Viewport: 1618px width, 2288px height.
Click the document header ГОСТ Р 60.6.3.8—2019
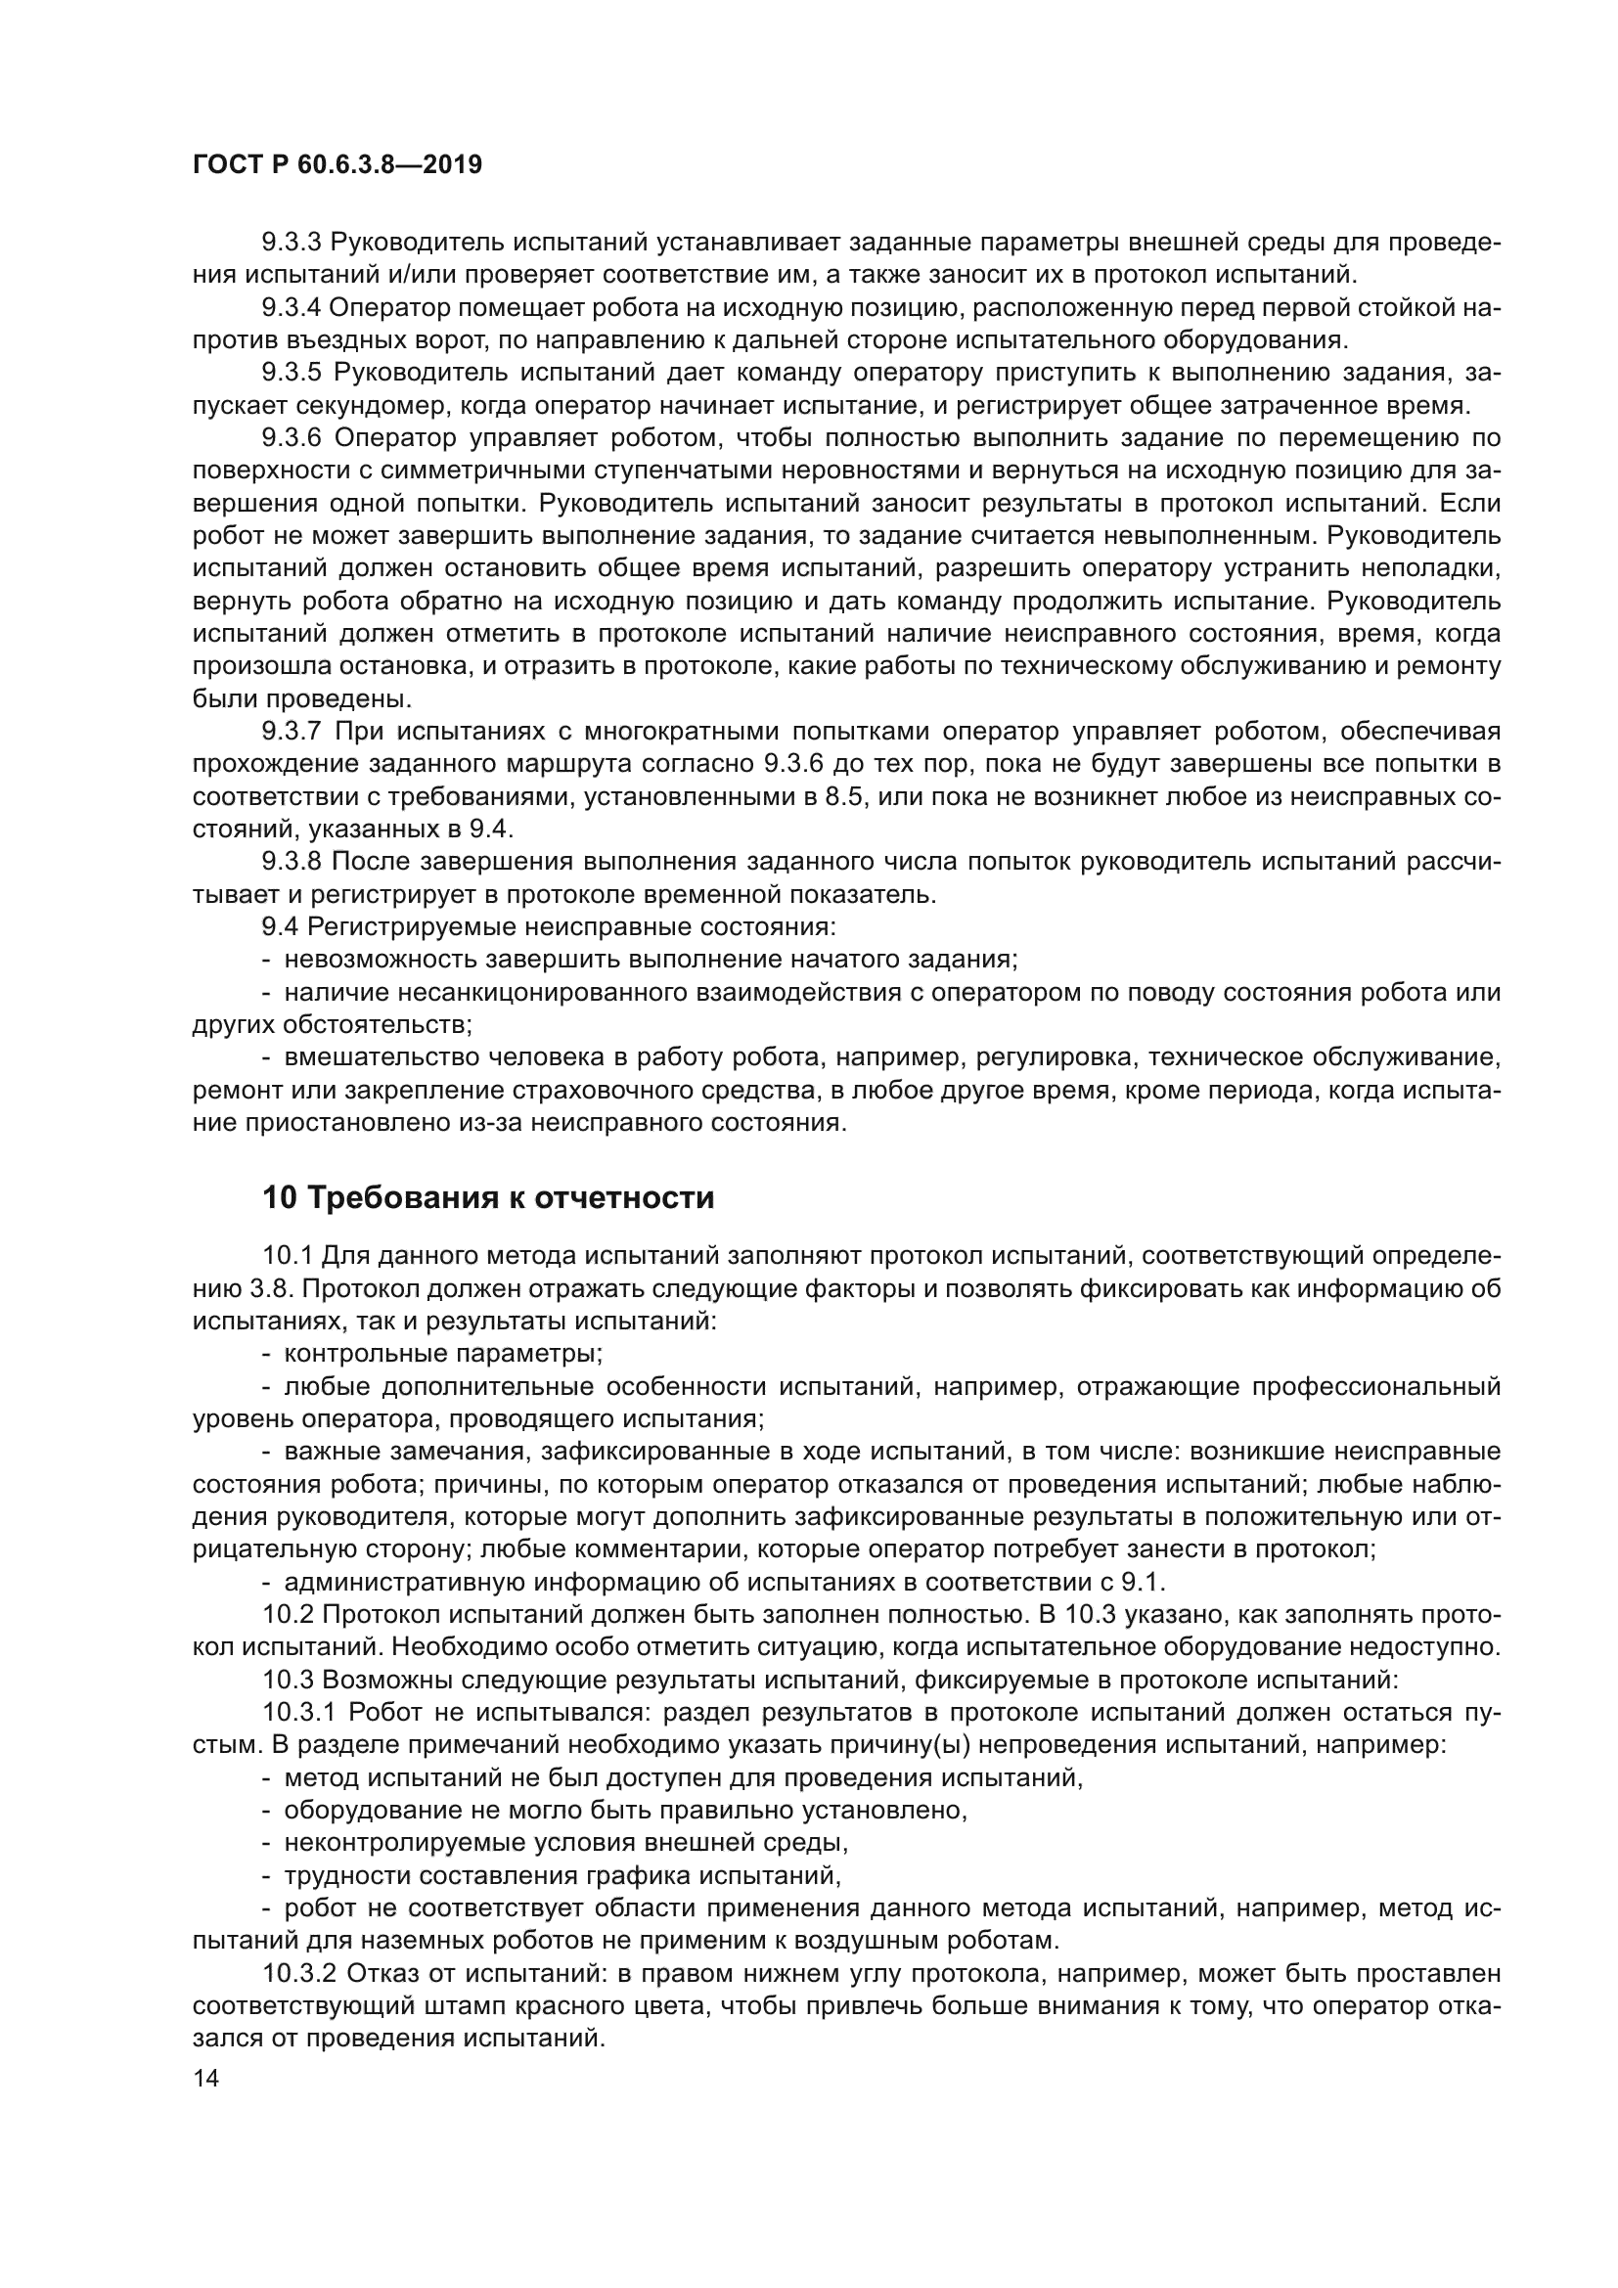337,164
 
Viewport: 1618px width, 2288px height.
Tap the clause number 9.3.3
291,243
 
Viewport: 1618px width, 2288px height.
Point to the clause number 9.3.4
291,308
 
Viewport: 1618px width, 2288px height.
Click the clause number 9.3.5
291,373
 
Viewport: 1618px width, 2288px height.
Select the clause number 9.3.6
291,438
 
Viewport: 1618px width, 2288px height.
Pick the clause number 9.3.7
291,732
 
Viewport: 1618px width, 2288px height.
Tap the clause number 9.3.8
291,862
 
